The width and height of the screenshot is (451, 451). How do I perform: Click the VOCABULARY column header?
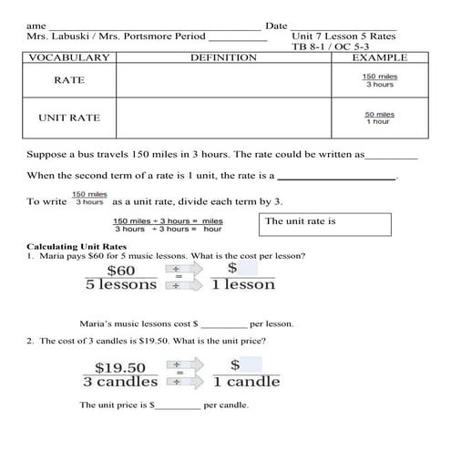coord(69,57)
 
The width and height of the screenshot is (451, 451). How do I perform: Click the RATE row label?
coord(69,80)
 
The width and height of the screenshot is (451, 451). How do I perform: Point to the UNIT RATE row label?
coord(69,118)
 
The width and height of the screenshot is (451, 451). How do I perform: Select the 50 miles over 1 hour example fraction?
coord(378,118)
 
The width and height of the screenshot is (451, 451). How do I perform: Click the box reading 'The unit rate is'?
coord(327,223)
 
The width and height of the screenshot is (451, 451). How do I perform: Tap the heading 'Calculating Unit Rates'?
coord(77,247)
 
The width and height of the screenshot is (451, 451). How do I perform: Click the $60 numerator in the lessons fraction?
coord(121,270)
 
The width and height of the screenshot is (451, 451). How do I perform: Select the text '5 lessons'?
coord(121,285)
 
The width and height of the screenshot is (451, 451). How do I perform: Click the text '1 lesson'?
coord(242,285)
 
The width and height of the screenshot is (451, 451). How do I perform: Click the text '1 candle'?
coord(246,382)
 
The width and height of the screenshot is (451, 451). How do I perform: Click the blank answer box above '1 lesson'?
coord(250,269)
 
